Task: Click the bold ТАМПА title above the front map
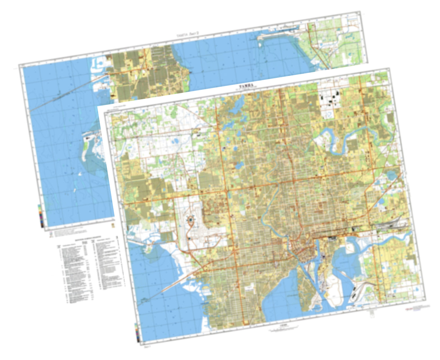(245, 86)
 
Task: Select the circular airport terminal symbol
(191, 219)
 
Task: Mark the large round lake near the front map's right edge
(391, 175)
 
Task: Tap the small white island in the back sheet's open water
(80, 174)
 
